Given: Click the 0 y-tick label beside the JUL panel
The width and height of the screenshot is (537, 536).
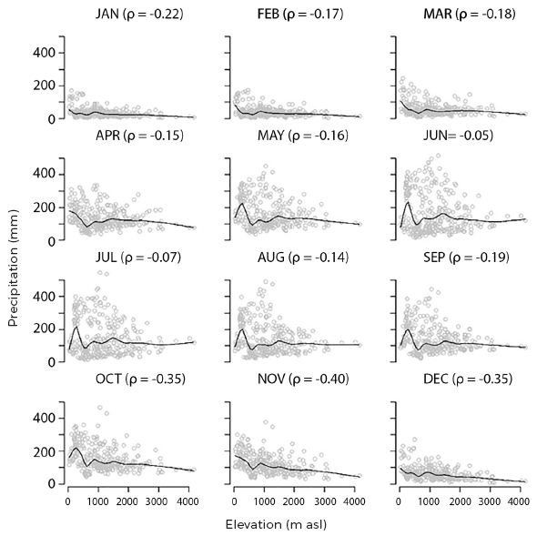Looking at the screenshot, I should pos(54,361).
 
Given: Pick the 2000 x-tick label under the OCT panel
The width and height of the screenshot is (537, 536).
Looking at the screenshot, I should pos(127,501).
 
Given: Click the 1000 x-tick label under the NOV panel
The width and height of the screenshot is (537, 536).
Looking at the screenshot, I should pos(263,501).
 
